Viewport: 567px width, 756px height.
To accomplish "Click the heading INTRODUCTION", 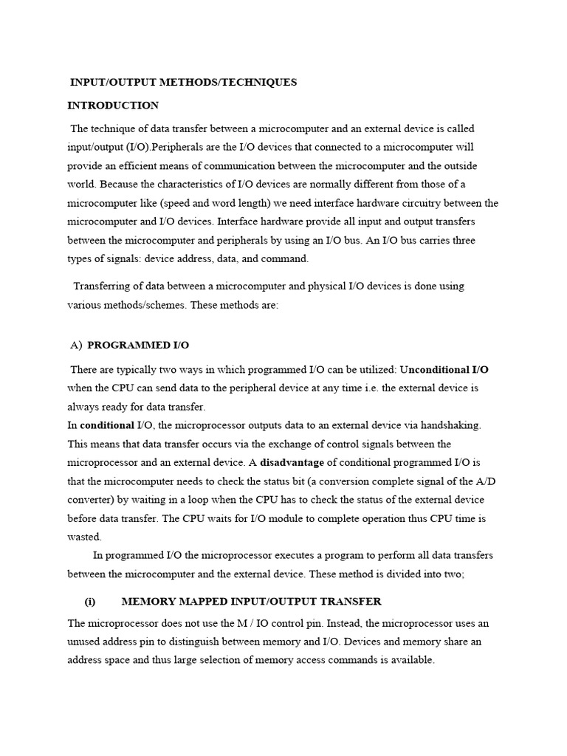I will [x=113, y=106].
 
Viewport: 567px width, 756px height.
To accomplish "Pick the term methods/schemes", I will [x=148, y=304].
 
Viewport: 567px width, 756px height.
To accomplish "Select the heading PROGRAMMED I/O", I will [x=139, y=345].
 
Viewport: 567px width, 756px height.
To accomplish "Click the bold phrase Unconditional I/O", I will [x=444, y=368].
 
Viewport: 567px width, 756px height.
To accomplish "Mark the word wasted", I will [x=84, y=537].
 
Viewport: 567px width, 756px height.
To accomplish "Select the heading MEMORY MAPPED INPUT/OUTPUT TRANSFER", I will [x=251, y=602].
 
